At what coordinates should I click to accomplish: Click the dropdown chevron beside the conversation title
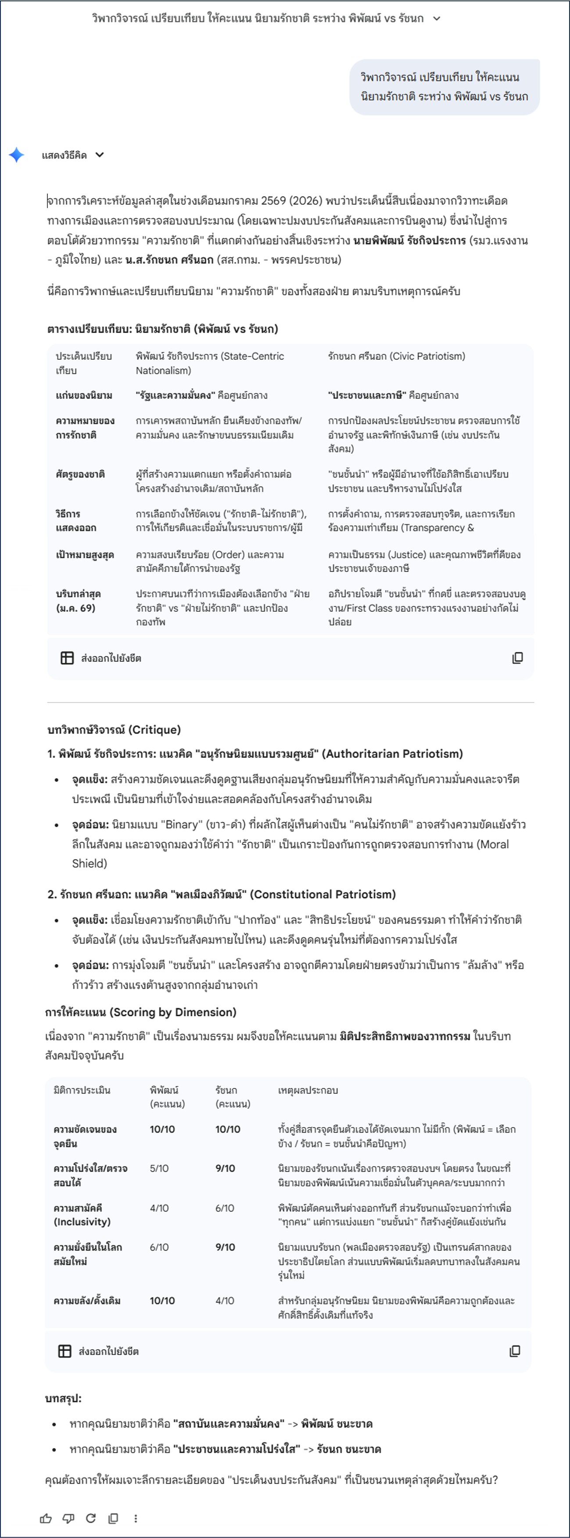tap(437, 18)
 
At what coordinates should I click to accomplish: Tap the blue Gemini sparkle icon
tap(17, 155)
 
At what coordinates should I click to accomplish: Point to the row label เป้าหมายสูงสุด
tap(85, 555)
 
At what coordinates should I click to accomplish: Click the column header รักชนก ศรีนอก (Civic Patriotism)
tap(396, 356)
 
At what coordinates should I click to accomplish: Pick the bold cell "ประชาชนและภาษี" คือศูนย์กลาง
tap(393, 395)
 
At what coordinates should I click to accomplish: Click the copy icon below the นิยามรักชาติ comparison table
tap(517, 658)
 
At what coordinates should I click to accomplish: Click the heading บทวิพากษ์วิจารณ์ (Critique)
tap(114, 730)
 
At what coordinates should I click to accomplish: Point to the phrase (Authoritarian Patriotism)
tap(392, 754)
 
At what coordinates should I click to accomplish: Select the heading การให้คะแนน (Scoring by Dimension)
tap(141, 1012)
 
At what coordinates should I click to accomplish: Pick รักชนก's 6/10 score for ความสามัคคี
tap(224, 1208)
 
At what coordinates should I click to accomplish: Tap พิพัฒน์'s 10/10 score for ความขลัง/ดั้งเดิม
tap(162, 1300)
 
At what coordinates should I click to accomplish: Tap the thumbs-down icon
tap(68, 1518)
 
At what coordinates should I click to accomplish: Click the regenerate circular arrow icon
tap(91, 1518)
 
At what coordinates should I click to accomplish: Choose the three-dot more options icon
tap(136, 1518)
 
